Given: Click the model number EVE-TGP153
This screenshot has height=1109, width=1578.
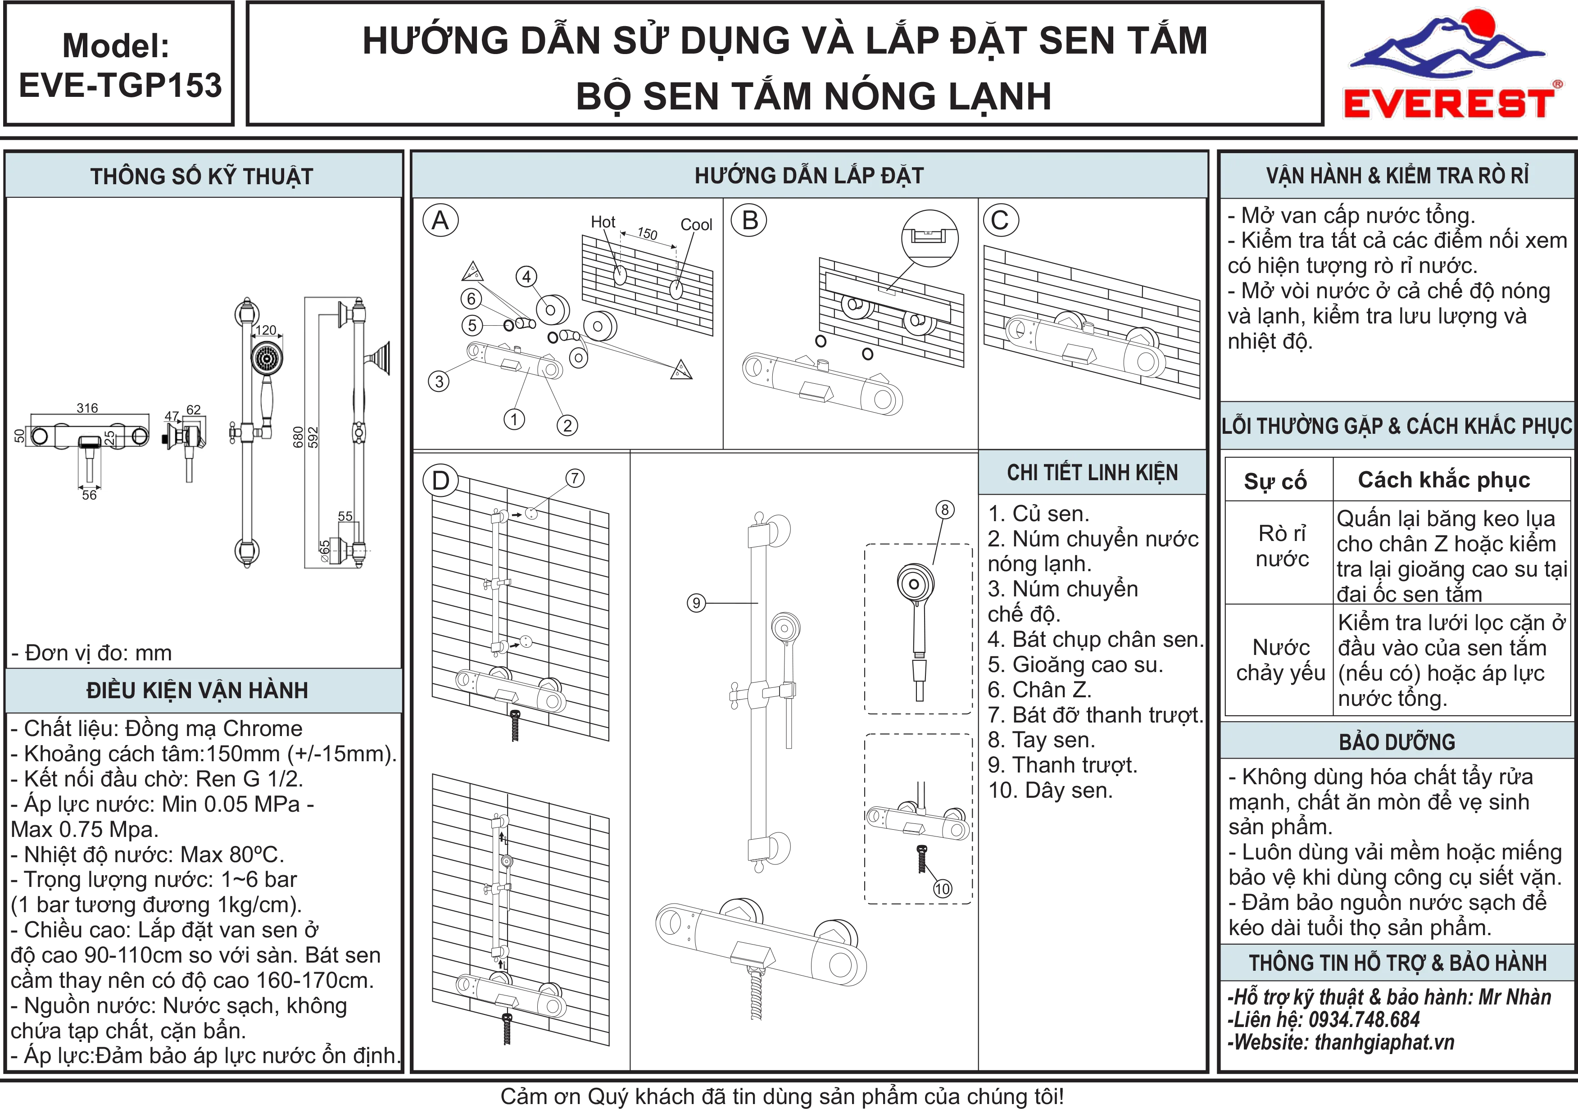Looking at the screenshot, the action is [x=120, y=85].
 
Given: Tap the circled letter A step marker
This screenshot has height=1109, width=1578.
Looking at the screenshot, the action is [x=440, y=221].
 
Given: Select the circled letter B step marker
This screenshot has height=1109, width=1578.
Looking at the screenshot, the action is [x=750, y=221].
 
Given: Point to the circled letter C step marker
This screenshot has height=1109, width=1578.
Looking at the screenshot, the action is [x=1001, y=221].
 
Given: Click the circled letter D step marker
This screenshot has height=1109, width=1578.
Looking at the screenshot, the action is [x=440, y=480].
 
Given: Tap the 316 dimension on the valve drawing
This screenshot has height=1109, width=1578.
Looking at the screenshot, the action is [x=87, y=408].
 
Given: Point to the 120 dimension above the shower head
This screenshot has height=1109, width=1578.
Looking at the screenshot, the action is [x=266, y=330].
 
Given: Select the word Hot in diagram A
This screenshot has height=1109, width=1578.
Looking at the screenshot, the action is [x=603, y=222].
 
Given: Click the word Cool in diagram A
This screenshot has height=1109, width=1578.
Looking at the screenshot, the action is [x=696, y=225].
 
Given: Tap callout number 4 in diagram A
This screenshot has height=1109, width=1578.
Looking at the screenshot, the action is [x=526, y=277].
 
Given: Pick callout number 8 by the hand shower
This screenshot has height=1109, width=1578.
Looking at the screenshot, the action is [x=945, y=509].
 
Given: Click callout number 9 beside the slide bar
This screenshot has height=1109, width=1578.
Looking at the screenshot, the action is [x=696, y=603].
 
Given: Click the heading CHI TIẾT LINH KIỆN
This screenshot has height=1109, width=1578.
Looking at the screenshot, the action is [x=1092, y=473].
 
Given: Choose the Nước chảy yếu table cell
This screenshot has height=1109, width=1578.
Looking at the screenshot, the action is [x=1280, y=660].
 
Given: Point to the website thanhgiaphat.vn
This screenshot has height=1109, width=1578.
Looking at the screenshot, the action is [x=1384, y=1042].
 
